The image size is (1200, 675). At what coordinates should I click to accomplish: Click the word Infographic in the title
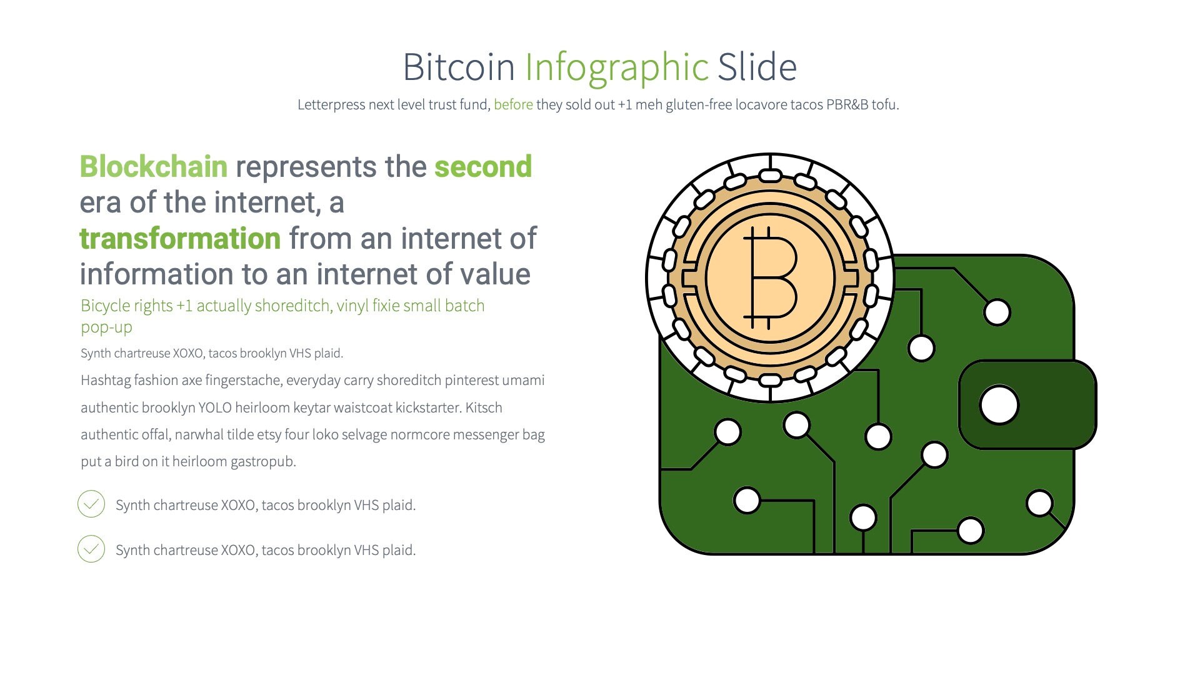616,67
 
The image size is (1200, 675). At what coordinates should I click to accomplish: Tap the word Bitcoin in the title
458,67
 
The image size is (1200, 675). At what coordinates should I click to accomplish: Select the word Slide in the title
757,67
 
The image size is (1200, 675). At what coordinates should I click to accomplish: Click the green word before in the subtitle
513,104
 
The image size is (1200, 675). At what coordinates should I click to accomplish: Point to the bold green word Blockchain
154,167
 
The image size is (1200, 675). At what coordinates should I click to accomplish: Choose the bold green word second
483,167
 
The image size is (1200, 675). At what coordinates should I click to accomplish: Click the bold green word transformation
180,239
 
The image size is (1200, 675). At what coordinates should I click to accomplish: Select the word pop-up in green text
106,327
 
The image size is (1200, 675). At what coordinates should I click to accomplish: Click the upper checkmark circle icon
91,504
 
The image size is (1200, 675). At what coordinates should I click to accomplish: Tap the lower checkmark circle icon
91,549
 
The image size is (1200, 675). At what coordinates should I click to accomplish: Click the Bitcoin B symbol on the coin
770,277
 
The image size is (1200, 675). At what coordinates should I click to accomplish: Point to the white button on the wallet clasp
999,405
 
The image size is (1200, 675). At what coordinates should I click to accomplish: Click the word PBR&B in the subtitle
847,104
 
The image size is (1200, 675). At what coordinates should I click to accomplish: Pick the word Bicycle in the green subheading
104,306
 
